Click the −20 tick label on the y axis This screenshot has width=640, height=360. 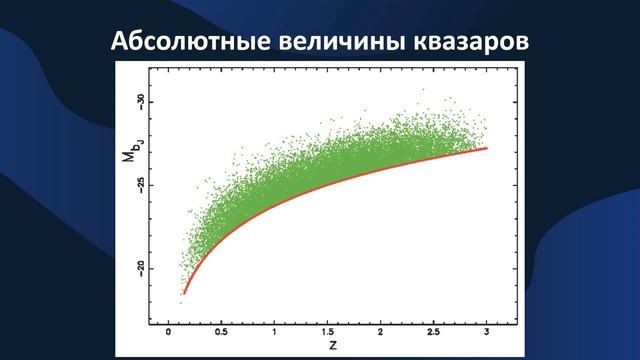[142, 267]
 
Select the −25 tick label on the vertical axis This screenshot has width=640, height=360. [142, 184]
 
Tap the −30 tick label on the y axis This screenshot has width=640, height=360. [142, 101]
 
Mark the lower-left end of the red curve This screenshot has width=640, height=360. [183, 293]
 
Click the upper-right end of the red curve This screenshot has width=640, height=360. [487, 148]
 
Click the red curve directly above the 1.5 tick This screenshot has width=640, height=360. [327, 185]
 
